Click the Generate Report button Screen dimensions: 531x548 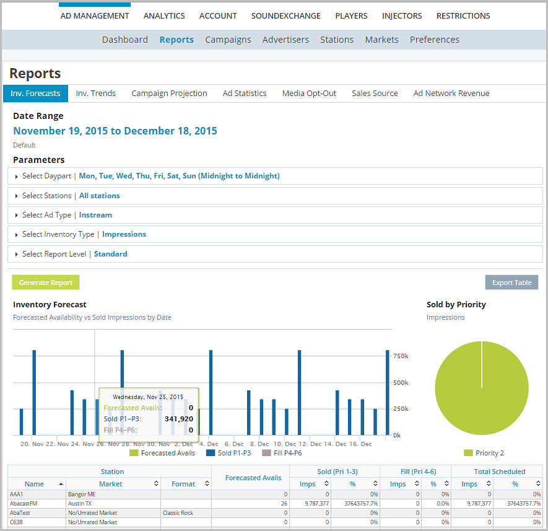pos(46,283)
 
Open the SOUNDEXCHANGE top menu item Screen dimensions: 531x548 pos(285,15)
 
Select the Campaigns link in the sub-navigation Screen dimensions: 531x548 pos(228,40)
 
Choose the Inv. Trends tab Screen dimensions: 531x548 pos(95,94)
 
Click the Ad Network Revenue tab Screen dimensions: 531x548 pos(451,94)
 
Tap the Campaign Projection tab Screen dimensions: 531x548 pos(169,94)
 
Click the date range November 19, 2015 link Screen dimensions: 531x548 pos(115,131)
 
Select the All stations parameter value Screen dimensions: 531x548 pos(100,196)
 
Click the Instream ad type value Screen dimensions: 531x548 pos(95,215)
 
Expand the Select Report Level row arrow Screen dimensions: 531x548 pos(17,254)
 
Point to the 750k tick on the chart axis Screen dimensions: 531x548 pos(401,356)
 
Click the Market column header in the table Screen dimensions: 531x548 pos(111,484)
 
